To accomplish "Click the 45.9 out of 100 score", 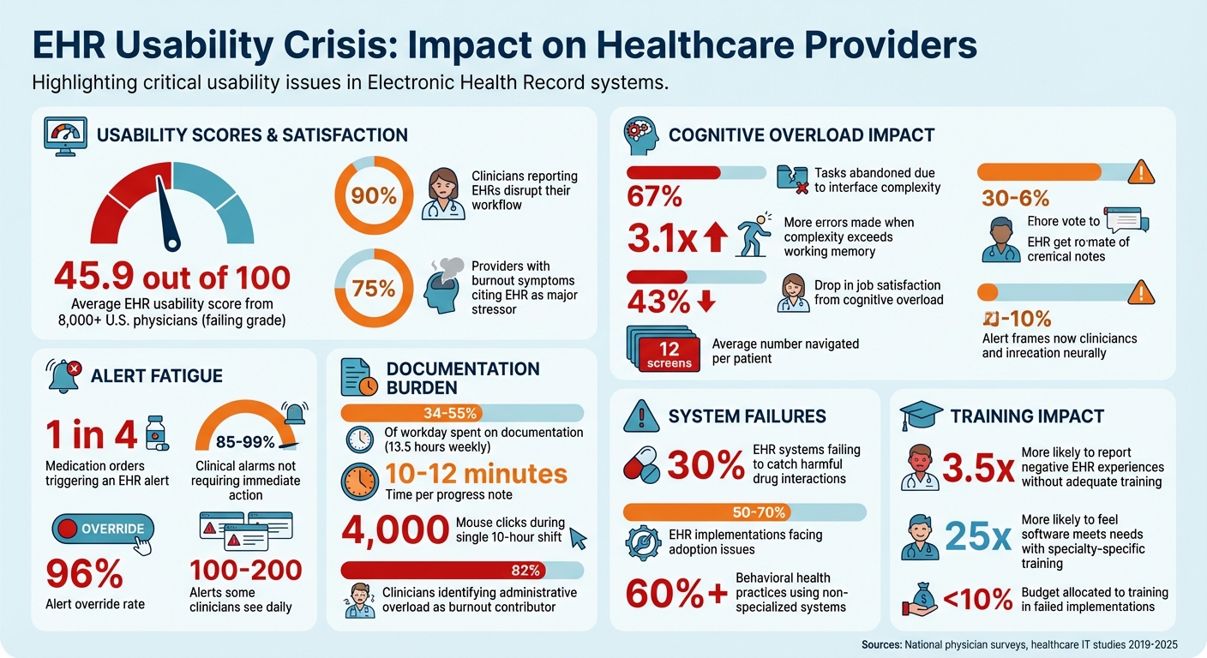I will tap(171, 278).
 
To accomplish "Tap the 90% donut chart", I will tap(374, 195).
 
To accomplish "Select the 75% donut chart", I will tap(374, 289).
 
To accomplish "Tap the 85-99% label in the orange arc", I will tap(245, 442).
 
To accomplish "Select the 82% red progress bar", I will tap(462, 571).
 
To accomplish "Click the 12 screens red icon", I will tap(668, 352).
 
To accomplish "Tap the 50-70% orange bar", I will tap(745, 512).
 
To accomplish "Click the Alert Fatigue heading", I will tap(157, 375).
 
